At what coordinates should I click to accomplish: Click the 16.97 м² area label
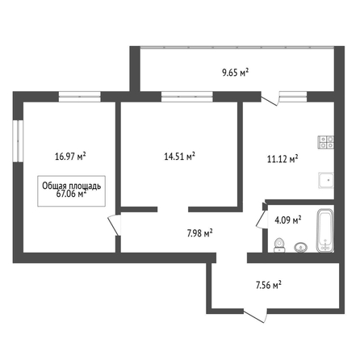(70, 157)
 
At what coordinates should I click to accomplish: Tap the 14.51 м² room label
(180, 157)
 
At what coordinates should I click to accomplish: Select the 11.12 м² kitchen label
(283, 159)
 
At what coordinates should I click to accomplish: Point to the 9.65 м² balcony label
(235, 73)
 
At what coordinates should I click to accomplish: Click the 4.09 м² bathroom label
(287, 220)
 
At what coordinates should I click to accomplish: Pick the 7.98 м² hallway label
(200, 233)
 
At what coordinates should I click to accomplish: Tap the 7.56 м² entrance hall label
(269, 285)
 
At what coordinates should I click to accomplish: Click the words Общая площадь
(72, 186)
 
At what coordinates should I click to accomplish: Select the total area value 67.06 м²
(71, 194)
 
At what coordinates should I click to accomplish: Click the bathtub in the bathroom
(325, 231)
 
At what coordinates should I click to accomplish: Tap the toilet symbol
(280, 245)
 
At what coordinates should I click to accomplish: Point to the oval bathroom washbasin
(301, 247)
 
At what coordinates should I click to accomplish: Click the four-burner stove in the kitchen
(326, 142)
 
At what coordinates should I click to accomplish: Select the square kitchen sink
(326, 180)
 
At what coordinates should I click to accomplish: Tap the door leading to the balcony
(270, 98)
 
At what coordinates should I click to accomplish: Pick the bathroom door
(262, 218)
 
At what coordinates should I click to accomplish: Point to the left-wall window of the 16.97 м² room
(18, 141)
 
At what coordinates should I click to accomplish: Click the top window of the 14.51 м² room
(187, 97)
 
